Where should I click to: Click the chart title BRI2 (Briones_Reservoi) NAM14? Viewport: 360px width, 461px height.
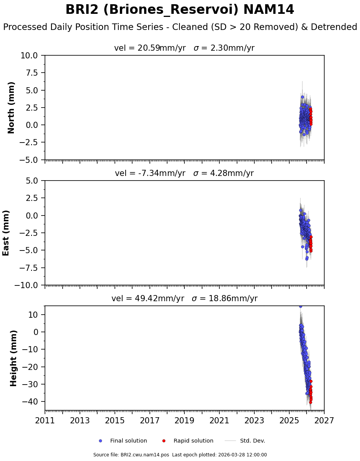[x=180, y=10]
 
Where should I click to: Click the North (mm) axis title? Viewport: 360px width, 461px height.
[x=12, y=108]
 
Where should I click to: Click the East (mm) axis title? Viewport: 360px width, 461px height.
[x=6, y=233]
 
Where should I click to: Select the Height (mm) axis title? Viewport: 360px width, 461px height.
[x=14, y=358]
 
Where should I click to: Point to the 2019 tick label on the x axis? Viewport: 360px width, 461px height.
[x=185, y=420]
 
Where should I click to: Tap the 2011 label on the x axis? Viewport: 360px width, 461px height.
[x=45, y=420]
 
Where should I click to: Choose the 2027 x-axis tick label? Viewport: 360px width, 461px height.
[x=324, y=420]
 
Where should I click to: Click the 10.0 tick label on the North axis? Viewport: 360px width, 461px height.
[x=29, y=56]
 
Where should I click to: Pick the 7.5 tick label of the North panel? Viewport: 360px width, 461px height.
[x=32, y=73]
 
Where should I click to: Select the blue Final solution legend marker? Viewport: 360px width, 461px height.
[x=101, y=441]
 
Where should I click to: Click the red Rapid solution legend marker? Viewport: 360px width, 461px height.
[x=164, y=441]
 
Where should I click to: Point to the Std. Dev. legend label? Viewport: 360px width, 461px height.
[x=252, y=441]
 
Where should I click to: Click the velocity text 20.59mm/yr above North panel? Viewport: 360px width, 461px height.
[x=150, y=48]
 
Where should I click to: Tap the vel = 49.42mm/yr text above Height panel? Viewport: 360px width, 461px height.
[x=148, y=298]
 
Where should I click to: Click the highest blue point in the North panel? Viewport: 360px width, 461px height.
[x=302, y=97]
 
